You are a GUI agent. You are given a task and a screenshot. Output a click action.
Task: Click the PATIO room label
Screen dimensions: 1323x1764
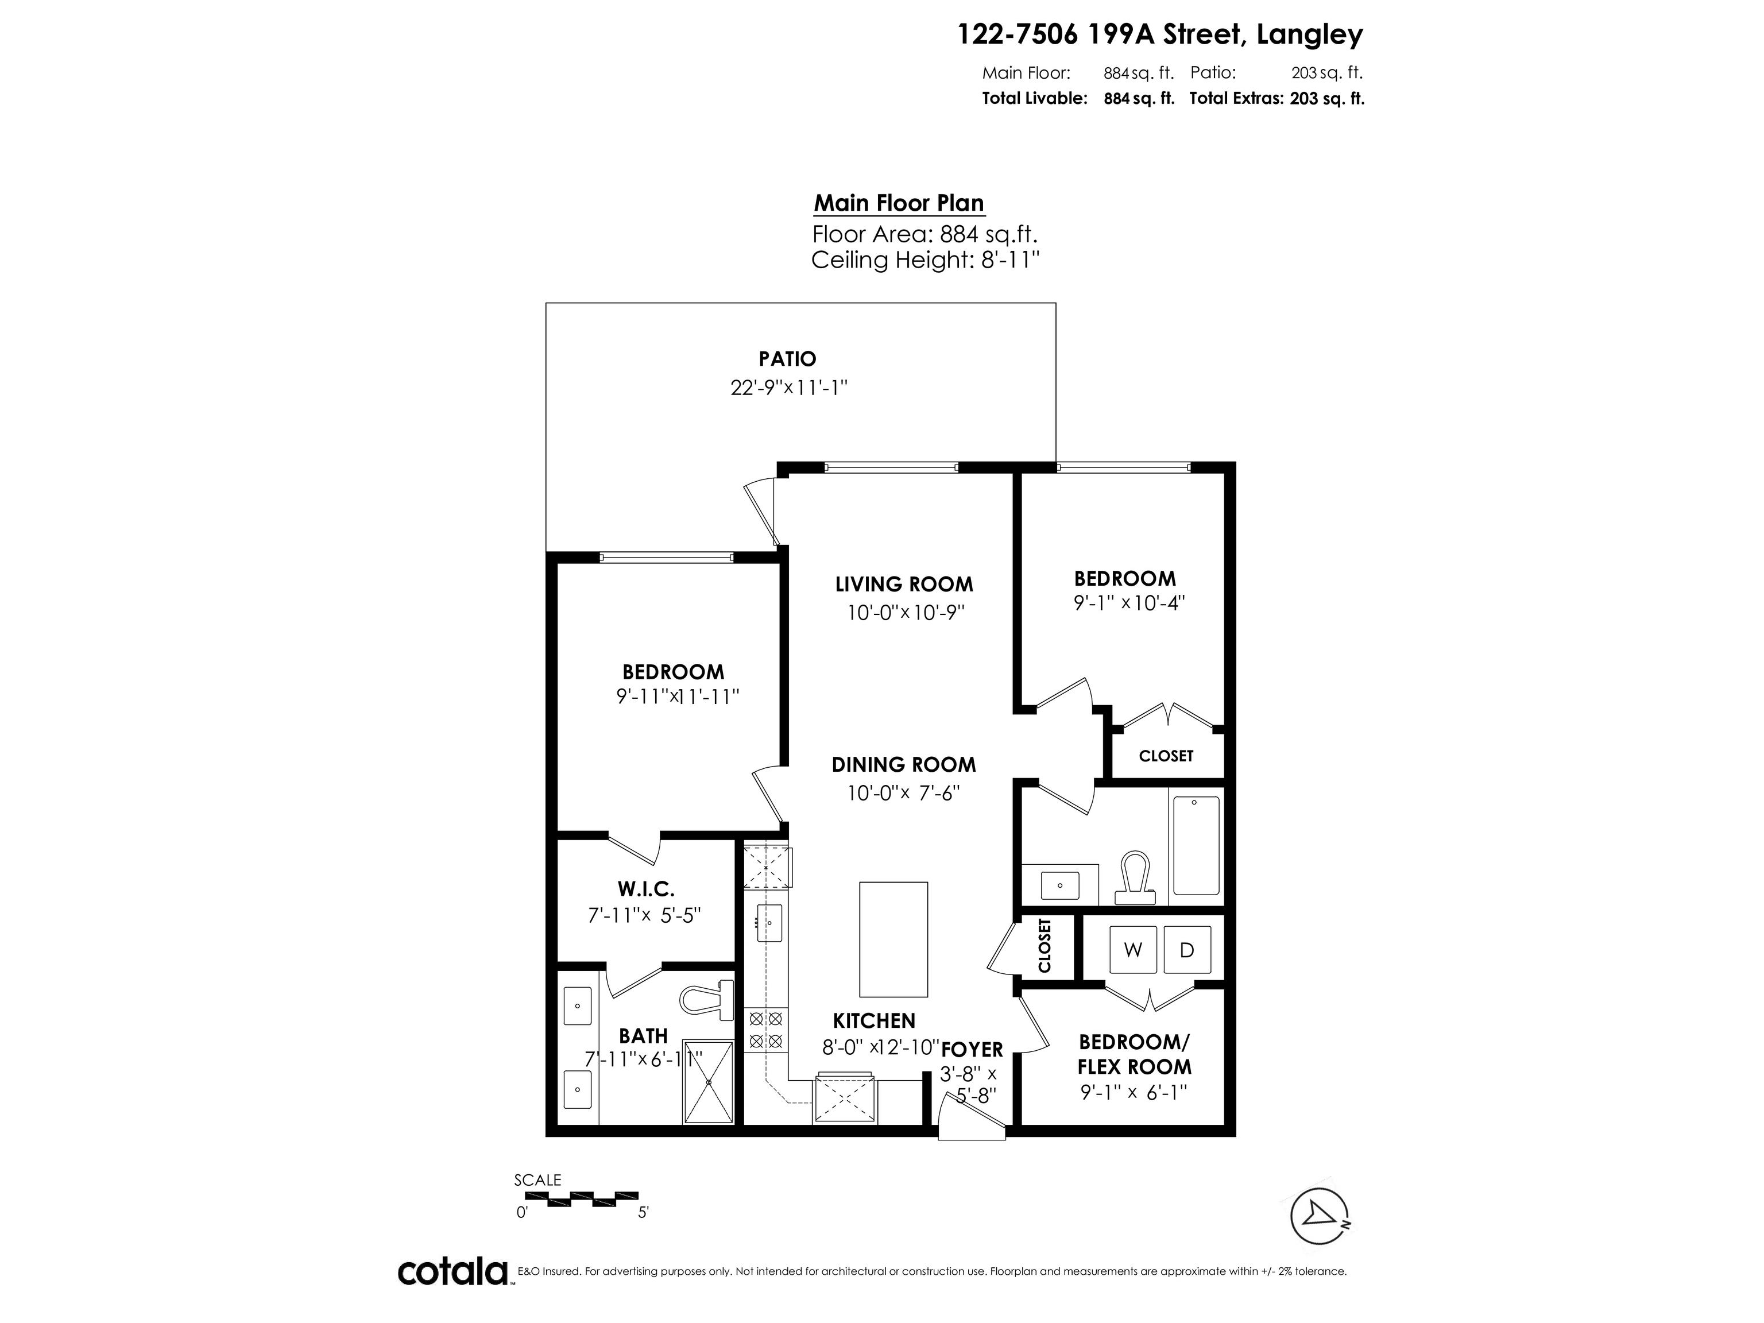787,359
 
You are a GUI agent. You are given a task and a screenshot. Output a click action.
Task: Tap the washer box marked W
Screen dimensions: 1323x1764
1132,950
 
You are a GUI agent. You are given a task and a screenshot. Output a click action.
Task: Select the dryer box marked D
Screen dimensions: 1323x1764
1187,950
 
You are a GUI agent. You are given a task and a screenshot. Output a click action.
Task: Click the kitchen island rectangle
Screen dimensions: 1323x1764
893,939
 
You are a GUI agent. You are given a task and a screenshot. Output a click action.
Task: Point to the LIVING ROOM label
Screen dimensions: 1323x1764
903,585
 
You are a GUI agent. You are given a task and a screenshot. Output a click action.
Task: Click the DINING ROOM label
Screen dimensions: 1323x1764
903,765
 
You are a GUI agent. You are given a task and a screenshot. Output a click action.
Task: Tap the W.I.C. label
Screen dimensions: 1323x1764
645,888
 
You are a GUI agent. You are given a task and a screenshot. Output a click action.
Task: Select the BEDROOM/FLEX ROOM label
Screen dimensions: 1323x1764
1134,1054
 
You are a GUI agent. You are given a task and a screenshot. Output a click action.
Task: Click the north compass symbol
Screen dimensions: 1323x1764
1320,1216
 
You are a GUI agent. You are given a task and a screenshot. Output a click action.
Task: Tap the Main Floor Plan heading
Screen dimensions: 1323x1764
899,203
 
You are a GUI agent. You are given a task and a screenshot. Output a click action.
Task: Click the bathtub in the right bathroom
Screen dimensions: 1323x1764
1196,845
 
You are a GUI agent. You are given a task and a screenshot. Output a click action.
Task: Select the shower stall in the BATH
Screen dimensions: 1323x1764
707,1082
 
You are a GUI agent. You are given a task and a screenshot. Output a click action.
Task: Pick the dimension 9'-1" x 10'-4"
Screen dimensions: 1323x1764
1129,603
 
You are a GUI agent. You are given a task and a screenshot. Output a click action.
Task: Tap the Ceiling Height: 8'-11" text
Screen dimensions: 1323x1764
925,260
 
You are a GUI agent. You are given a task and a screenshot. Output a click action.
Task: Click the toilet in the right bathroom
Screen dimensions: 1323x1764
1134,877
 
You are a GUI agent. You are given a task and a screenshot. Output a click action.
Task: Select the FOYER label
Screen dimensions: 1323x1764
972,1050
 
